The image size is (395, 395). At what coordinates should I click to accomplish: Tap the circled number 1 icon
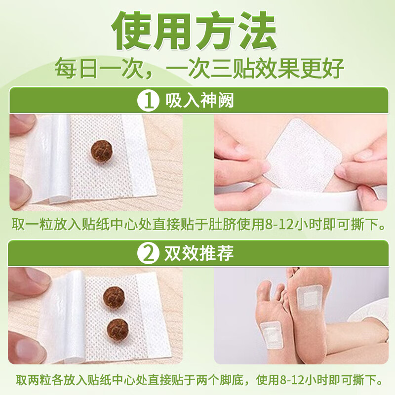[147, 101]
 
